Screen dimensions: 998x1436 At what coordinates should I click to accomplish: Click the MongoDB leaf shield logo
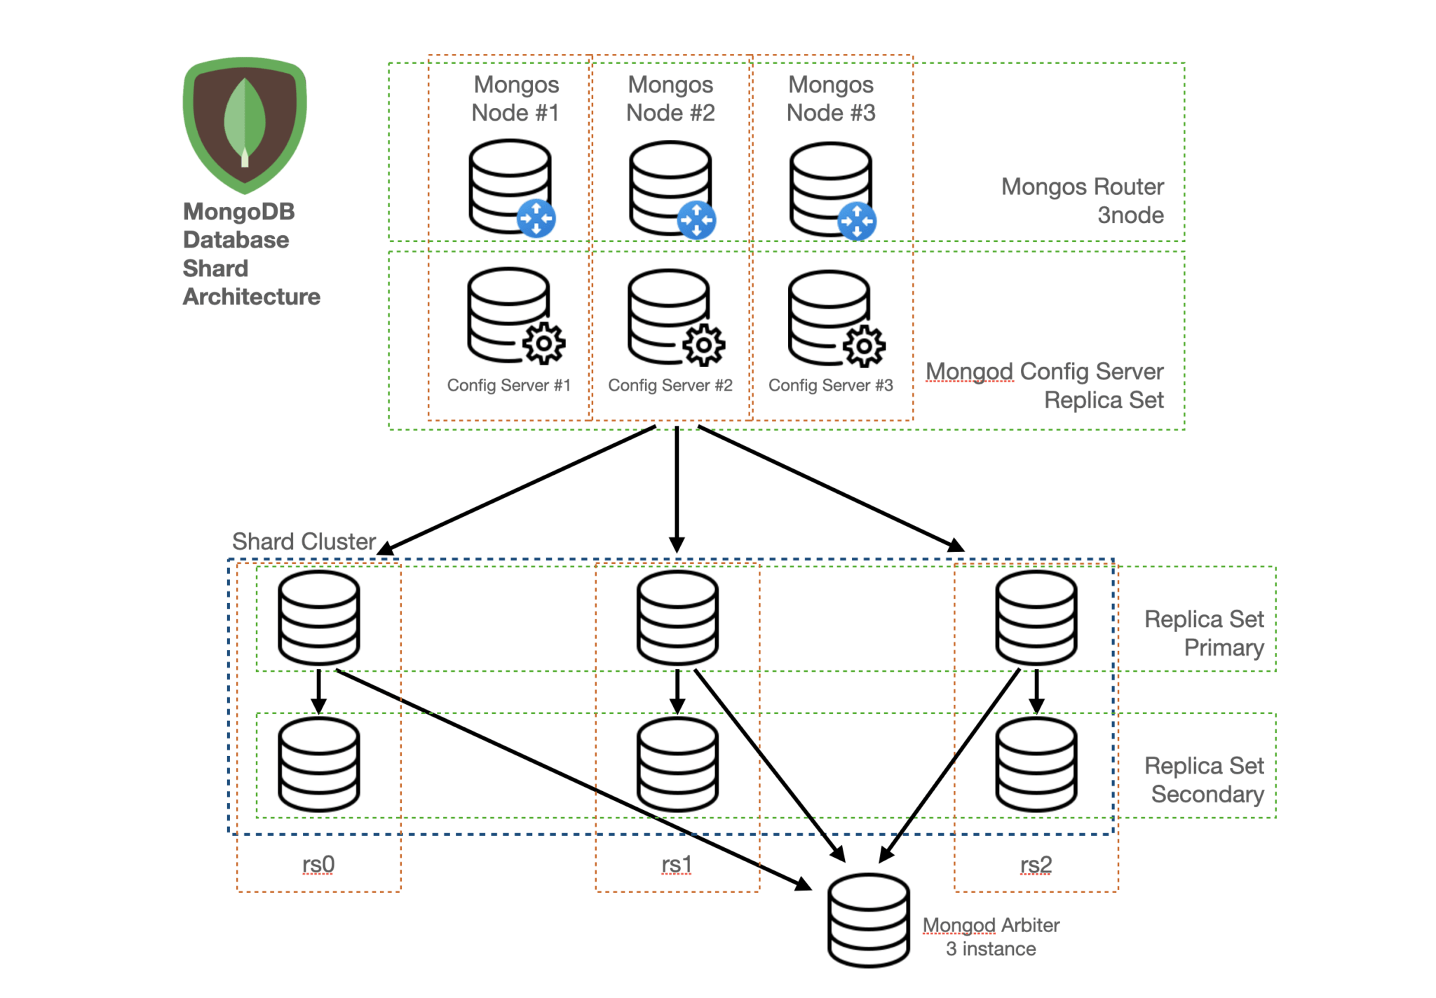(244, 125)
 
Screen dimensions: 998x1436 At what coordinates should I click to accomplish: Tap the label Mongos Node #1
(515, 98)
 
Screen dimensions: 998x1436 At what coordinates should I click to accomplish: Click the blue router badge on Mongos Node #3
(857, 221)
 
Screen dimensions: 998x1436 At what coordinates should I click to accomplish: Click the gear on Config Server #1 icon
(543, 344)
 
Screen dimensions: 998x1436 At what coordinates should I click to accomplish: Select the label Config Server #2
(670, 385)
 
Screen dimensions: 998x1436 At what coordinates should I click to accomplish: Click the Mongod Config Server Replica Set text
(1045, 385)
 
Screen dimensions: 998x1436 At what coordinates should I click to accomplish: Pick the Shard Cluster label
(304, 541)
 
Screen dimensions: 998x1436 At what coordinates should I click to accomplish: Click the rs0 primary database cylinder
(319, 617)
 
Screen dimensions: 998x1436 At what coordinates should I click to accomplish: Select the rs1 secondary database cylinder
(677, 764)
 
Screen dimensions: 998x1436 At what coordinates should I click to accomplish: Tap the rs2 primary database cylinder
(1036, 617)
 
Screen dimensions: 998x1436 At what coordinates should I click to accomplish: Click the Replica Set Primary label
(1204, 633)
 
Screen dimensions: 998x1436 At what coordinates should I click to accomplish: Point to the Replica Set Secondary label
(1204, 779)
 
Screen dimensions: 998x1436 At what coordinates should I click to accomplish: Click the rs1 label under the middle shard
(677, 864)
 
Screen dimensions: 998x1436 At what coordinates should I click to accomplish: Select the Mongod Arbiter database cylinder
(868, 920)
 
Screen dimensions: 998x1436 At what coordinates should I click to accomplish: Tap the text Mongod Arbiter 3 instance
(990, 936)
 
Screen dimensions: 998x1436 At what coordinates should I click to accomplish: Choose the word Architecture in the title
(251, 297)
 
